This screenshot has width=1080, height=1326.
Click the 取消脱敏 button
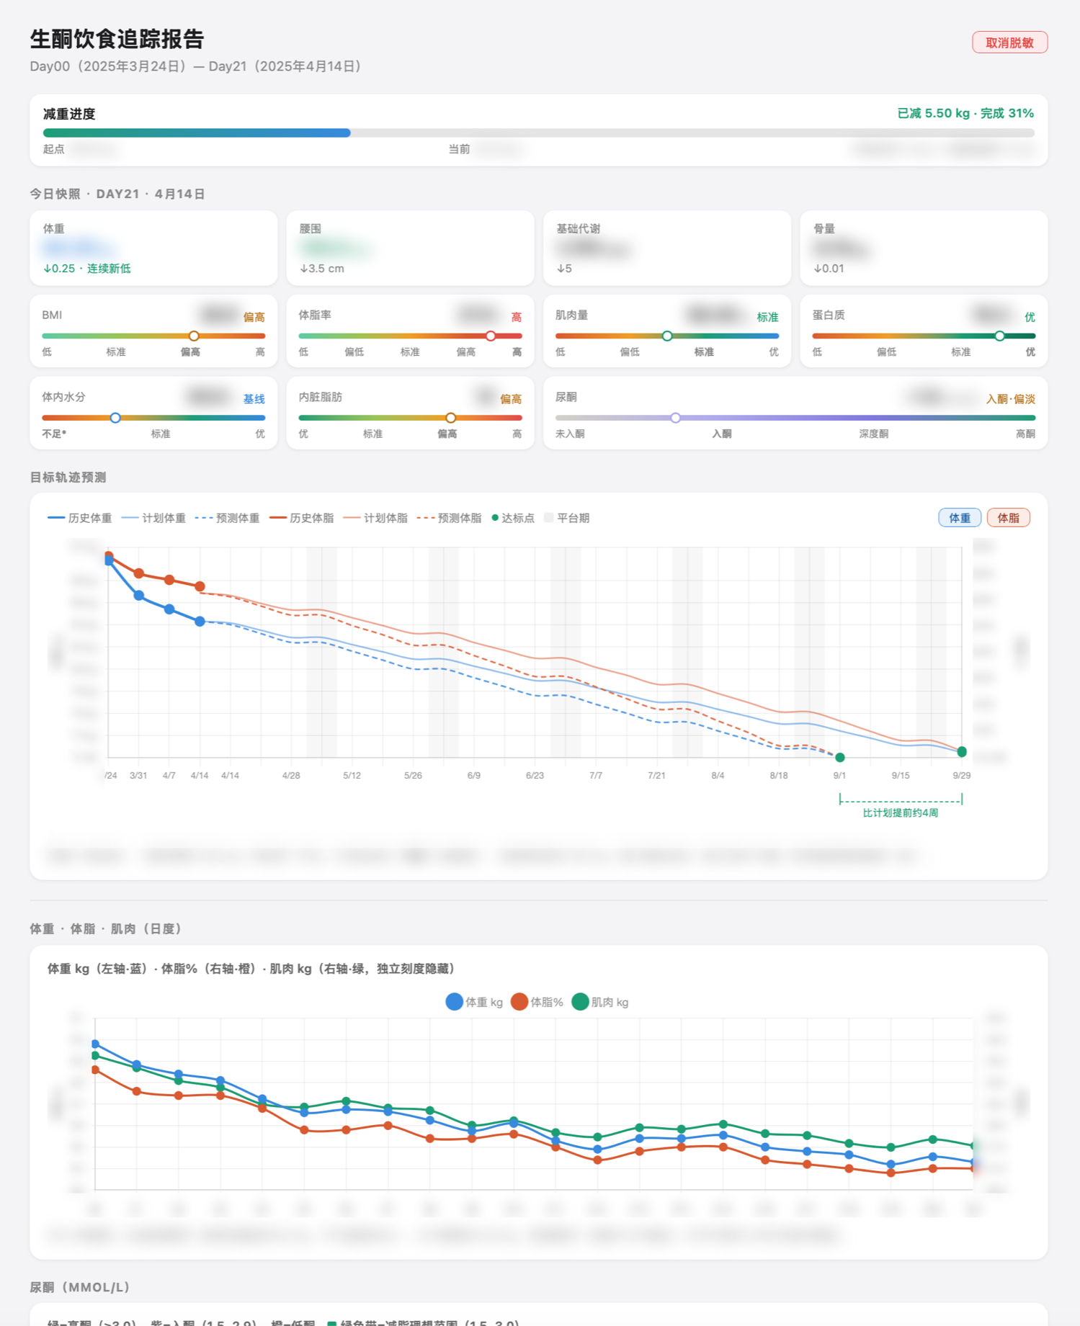(1009, 42)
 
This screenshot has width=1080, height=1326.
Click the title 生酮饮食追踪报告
(117, 39)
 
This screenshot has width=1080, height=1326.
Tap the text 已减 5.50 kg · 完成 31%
(965, 113)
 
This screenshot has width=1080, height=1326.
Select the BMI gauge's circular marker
(194, 336)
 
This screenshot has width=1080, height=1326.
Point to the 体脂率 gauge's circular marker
(491, 336)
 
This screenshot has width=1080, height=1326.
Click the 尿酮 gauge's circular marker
(675, 418)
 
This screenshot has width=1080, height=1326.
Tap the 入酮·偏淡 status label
(1010, 399)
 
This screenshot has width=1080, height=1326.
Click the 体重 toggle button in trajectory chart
(959, 518)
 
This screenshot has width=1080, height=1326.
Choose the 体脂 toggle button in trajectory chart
(1008, 518)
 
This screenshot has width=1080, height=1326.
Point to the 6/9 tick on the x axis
(474, 776)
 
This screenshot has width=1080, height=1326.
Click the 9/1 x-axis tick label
(839, 776)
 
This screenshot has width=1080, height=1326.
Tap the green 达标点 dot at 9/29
(962, 752)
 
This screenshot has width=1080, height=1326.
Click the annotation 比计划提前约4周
(900, 812)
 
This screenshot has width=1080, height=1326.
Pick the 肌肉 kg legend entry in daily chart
(601, 1002)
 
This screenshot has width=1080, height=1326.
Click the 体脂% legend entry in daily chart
(537, 1002)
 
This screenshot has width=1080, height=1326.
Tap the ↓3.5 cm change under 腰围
(322, 269)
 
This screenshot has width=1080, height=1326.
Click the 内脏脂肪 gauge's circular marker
(450, 418)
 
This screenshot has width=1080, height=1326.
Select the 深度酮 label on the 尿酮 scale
(873, 434)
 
